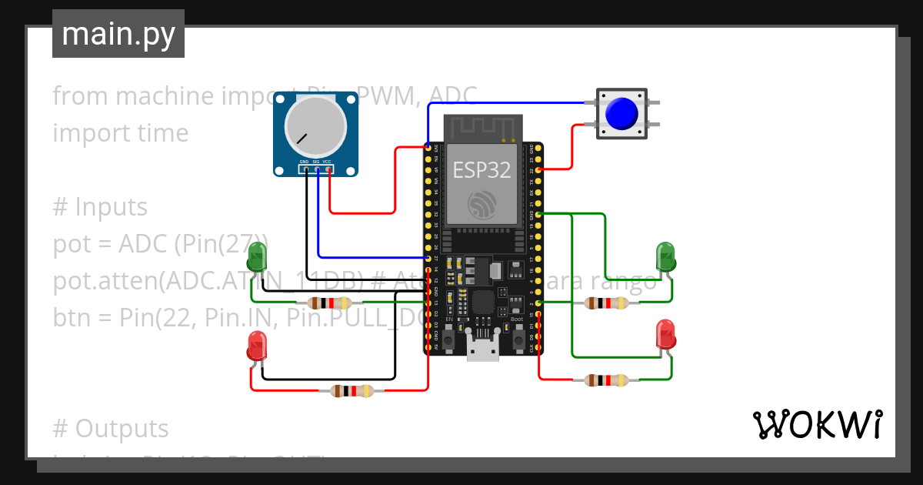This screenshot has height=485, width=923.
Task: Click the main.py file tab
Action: click(118, 35)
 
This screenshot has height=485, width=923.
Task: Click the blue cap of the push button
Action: click(621, 114)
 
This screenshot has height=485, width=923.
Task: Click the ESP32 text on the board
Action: click(481, 170)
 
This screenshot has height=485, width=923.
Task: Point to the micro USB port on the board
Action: click(482, 350)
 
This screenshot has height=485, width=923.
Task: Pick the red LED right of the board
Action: click(665, 336)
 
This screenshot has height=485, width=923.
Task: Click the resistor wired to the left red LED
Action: click(352, 391)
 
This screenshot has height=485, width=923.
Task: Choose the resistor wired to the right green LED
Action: click(607, 303)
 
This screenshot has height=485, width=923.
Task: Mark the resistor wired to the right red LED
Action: click(607, 380)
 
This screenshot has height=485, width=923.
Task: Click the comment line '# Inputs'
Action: click(100, 207)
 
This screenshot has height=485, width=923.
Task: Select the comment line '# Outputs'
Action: click(111, 429)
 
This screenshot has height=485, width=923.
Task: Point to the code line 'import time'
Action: click(121, 133)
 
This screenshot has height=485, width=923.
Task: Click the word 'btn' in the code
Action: click(71, 318)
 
